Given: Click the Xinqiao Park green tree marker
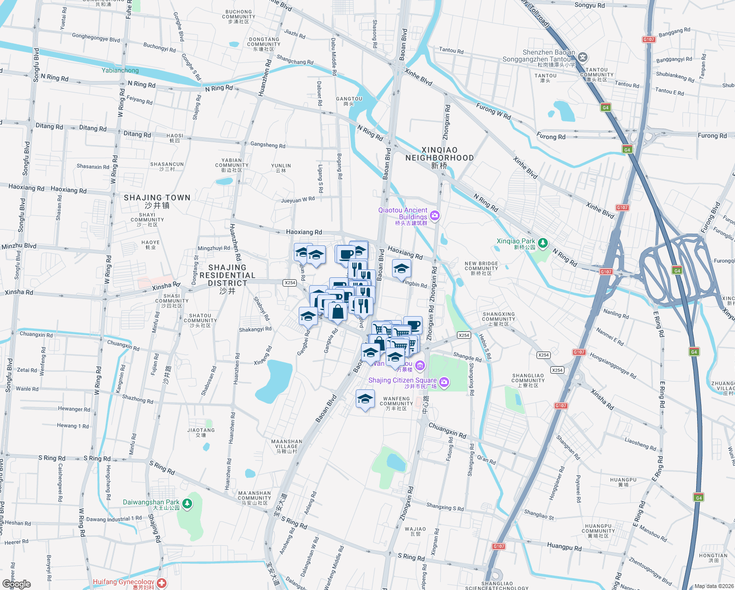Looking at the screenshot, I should (542, 243).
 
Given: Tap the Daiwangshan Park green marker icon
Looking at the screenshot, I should (187, 503).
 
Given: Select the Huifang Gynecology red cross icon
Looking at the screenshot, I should (162, 583).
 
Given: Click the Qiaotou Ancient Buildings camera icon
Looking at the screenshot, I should (434, 215).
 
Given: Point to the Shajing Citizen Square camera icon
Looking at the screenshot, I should (444, 382).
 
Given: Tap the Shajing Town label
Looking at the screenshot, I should (157, 201).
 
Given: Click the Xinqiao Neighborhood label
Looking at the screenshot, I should (439, 157).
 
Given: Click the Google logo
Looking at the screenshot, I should (17, 584).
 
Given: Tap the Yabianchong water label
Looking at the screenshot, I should (120, 70).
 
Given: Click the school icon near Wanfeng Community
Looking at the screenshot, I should (365, 399).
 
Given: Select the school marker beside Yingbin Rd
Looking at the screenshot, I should (401, 268).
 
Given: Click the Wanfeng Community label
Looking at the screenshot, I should (396, 404).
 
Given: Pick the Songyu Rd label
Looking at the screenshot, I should (590, 5).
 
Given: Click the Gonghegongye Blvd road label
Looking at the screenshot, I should (96, 37).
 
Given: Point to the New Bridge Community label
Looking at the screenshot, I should (481, 268).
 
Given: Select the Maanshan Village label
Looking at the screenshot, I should (286, 446).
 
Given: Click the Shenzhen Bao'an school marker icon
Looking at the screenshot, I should (582, 57).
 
